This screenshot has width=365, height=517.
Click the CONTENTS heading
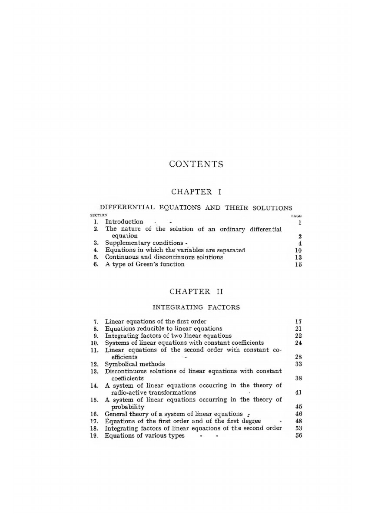pos(196,164)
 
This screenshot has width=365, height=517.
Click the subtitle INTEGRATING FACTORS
pos(196,307)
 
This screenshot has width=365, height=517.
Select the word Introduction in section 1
pos(124,222)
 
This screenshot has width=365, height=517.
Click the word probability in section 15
pos(128,407)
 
